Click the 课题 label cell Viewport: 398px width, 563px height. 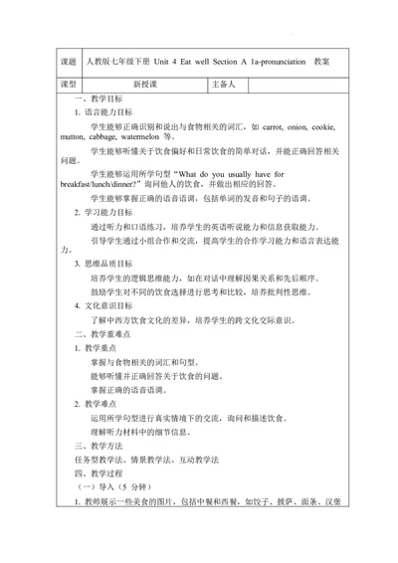69,62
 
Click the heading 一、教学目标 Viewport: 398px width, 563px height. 99,100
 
